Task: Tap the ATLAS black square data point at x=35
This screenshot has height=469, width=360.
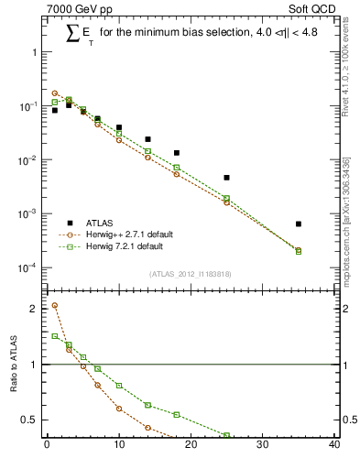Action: [x=299, y=224]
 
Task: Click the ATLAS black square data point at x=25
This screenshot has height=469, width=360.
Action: [x=226, y=177]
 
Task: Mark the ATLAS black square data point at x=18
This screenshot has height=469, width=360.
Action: [x=176, y=153]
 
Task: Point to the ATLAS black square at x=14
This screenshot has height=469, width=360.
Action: [x=147, y=139]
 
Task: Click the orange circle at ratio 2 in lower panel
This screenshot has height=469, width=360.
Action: [x=55, y=306]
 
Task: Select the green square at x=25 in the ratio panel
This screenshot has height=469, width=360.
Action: [x=226, y=435]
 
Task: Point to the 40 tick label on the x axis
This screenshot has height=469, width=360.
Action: [x=334, y=446]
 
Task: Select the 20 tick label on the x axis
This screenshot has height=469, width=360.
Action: [x=191, y=446]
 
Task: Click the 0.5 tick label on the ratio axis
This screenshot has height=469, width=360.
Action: [x=32, y=420]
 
